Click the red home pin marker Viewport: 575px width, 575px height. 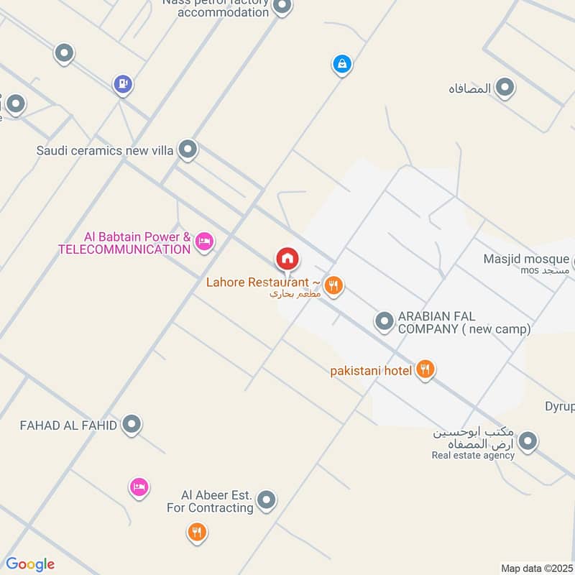tap(287, 258)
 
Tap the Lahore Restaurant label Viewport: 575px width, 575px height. tap(258, 282)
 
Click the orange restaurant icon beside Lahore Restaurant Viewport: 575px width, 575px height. tap(333, 286)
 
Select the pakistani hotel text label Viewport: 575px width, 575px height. tap(371, 371)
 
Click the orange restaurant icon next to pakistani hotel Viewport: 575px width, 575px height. tap(425, 370)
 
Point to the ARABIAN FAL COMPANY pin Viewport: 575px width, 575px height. tap(385, 321)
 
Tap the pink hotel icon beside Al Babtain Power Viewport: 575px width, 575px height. tap(204, 242)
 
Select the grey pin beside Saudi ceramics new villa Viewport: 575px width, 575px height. tap(188, 149)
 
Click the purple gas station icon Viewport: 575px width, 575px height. tap(123, 85)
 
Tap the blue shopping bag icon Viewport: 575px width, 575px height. tap(342, 64)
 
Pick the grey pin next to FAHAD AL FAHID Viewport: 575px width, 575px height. tap(131, 425)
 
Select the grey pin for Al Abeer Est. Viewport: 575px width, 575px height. tap(267, 500)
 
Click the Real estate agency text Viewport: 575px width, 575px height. tap(473, 455)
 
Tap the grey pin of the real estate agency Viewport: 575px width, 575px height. tap(528, 441)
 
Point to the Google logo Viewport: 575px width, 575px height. tap(30, 564)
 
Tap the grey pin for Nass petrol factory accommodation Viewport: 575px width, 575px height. tap(282, 6)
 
